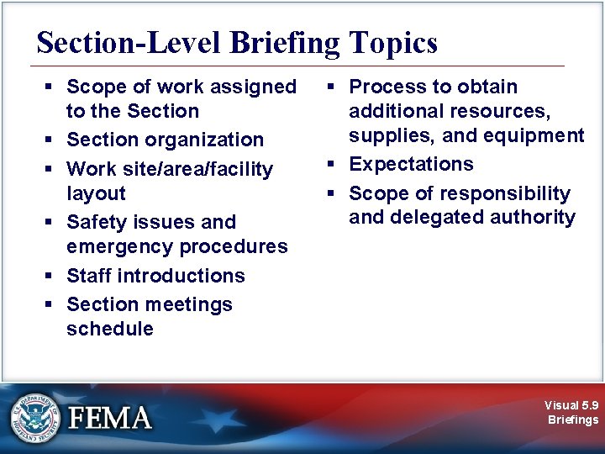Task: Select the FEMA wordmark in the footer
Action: (x=109, y=418)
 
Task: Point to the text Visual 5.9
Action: (x=571, y=405)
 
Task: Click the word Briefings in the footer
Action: (x=573, y=420)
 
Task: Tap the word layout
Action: (x=96, y=193)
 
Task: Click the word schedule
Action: (x=109, y=329)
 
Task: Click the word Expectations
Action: (x=411, y=164)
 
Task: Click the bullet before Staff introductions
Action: (x=50, y=276)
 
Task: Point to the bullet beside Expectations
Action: (x=333, y=165)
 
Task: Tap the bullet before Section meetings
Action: (x=50, y=304)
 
